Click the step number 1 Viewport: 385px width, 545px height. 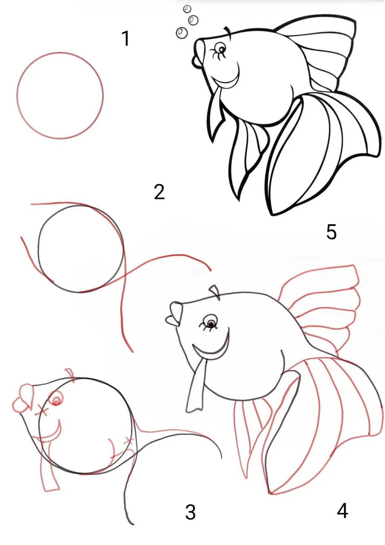click(x=126, y=39)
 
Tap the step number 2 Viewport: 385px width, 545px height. click(x=160, y=192)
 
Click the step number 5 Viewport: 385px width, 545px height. click(x=332, y=232)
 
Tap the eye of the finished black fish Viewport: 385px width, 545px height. click(x=221, y=49)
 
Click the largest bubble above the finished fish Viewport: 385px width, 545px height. click(x=182, y=32)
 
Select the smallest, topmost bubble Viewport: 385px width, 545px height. click(x=187, y=9)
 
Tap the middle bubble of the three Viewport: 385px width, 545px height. click(x=193, y=20)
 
